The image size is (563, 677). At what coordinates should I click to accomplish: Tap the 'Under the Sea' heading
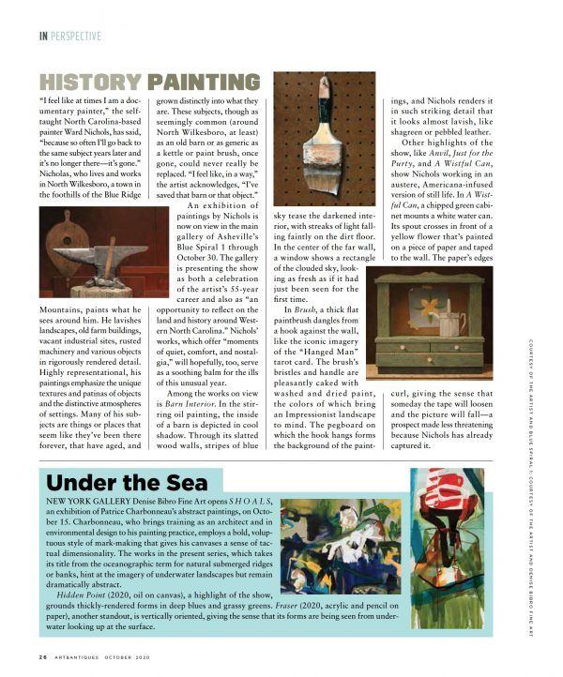tap(118, 484)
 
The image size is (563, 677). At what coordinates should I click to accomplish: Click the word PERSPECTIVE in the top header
tap(77, 37)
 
